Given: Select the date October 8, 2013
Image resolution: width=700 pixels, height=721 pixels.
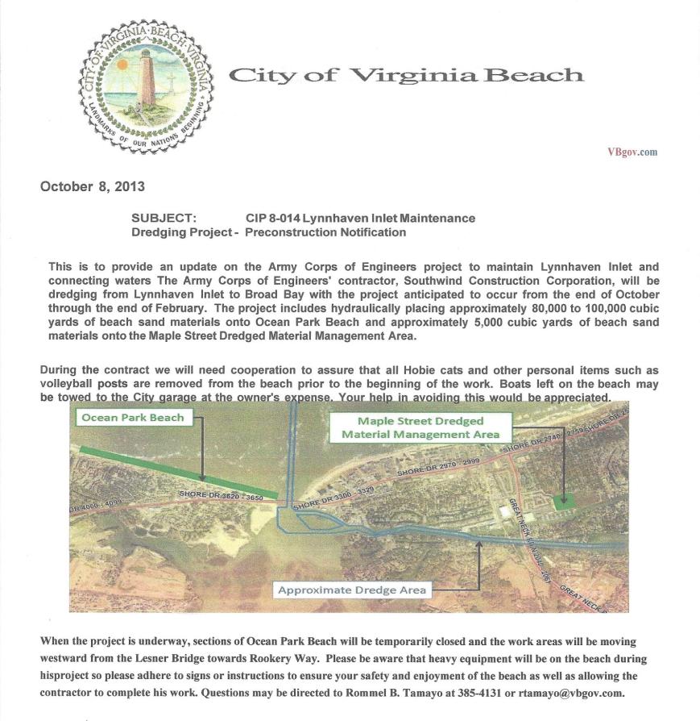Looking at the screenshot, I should point(93,186).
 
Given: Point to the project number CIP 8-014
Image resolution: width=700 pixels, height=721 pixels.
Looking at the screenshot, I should point(272,218).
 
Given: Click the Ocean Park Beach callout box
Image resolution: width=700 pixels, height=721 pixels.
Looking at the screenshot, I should point(133,418).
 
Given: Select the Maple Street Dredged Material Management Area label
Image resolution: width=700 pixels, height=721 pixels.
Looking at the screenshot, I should point(420,427).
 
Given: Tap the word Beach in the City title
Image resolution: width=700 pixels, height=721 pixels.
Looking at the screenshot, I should point(536,76).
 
